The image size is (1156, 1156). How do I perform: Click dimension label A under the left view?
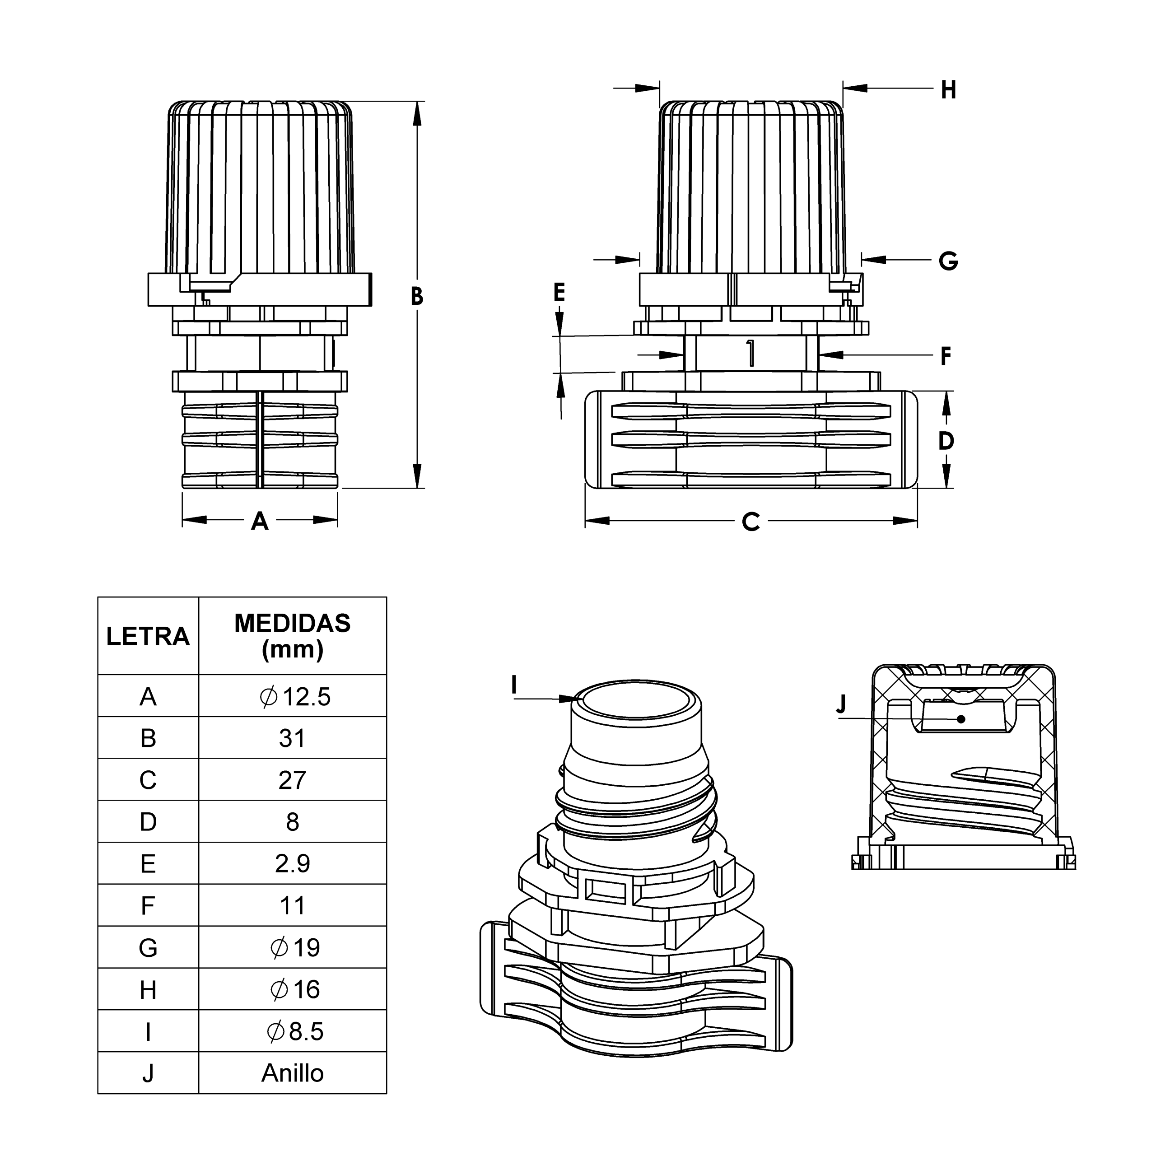click(x=259, y=521)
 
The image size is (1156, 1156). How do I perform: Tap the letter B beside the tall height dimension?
click(x=417, y=296)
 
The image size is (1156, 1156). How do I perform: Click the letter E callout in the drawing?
click(x=559, y=293)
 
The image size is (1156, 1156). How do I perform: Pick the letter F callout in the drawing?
click(x=946, y=356)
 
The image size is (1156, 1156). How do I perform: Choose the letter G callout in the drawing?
click(x=948, y=261)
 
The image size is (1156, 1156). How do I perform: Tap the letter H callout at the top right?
click(x=948, y=90)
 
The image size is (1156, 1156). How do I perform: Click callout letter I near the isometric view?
click(x=513, y=685)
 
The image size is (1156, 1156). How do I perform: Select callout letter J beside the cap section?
click(x=841, y=704)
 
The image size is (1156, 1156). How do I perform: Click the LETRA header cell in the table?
click(x=148, y=636)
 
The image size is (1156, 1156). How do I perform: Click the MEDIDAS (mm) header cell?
click(x=292, y=636)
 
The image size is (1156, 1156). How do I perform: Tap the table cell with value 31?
click(x=292, y=738)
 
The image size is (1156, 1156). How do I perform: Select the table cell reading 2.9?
click(x=292, y=863)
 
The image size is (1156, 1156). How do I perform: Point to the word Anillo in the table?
click(x=292, y=1073)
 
